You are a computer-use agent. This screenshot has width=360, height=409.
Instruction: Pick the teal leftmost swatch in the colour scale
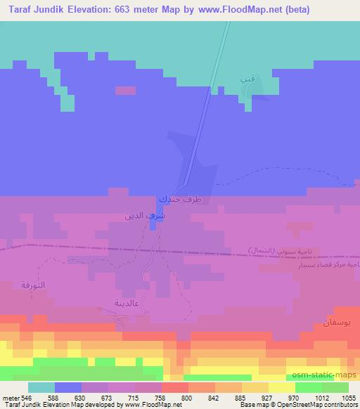pos(41,387)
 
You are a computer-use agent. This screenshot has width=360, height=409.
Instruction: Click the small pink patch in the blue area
pos(125,91)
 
